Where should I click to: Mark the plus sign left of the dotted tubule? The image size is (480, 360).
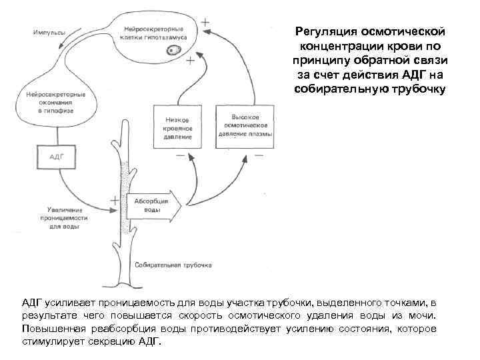tap(114, 199)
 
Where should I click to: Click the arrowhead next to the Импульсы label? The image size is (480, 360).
tap(61, 45)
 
